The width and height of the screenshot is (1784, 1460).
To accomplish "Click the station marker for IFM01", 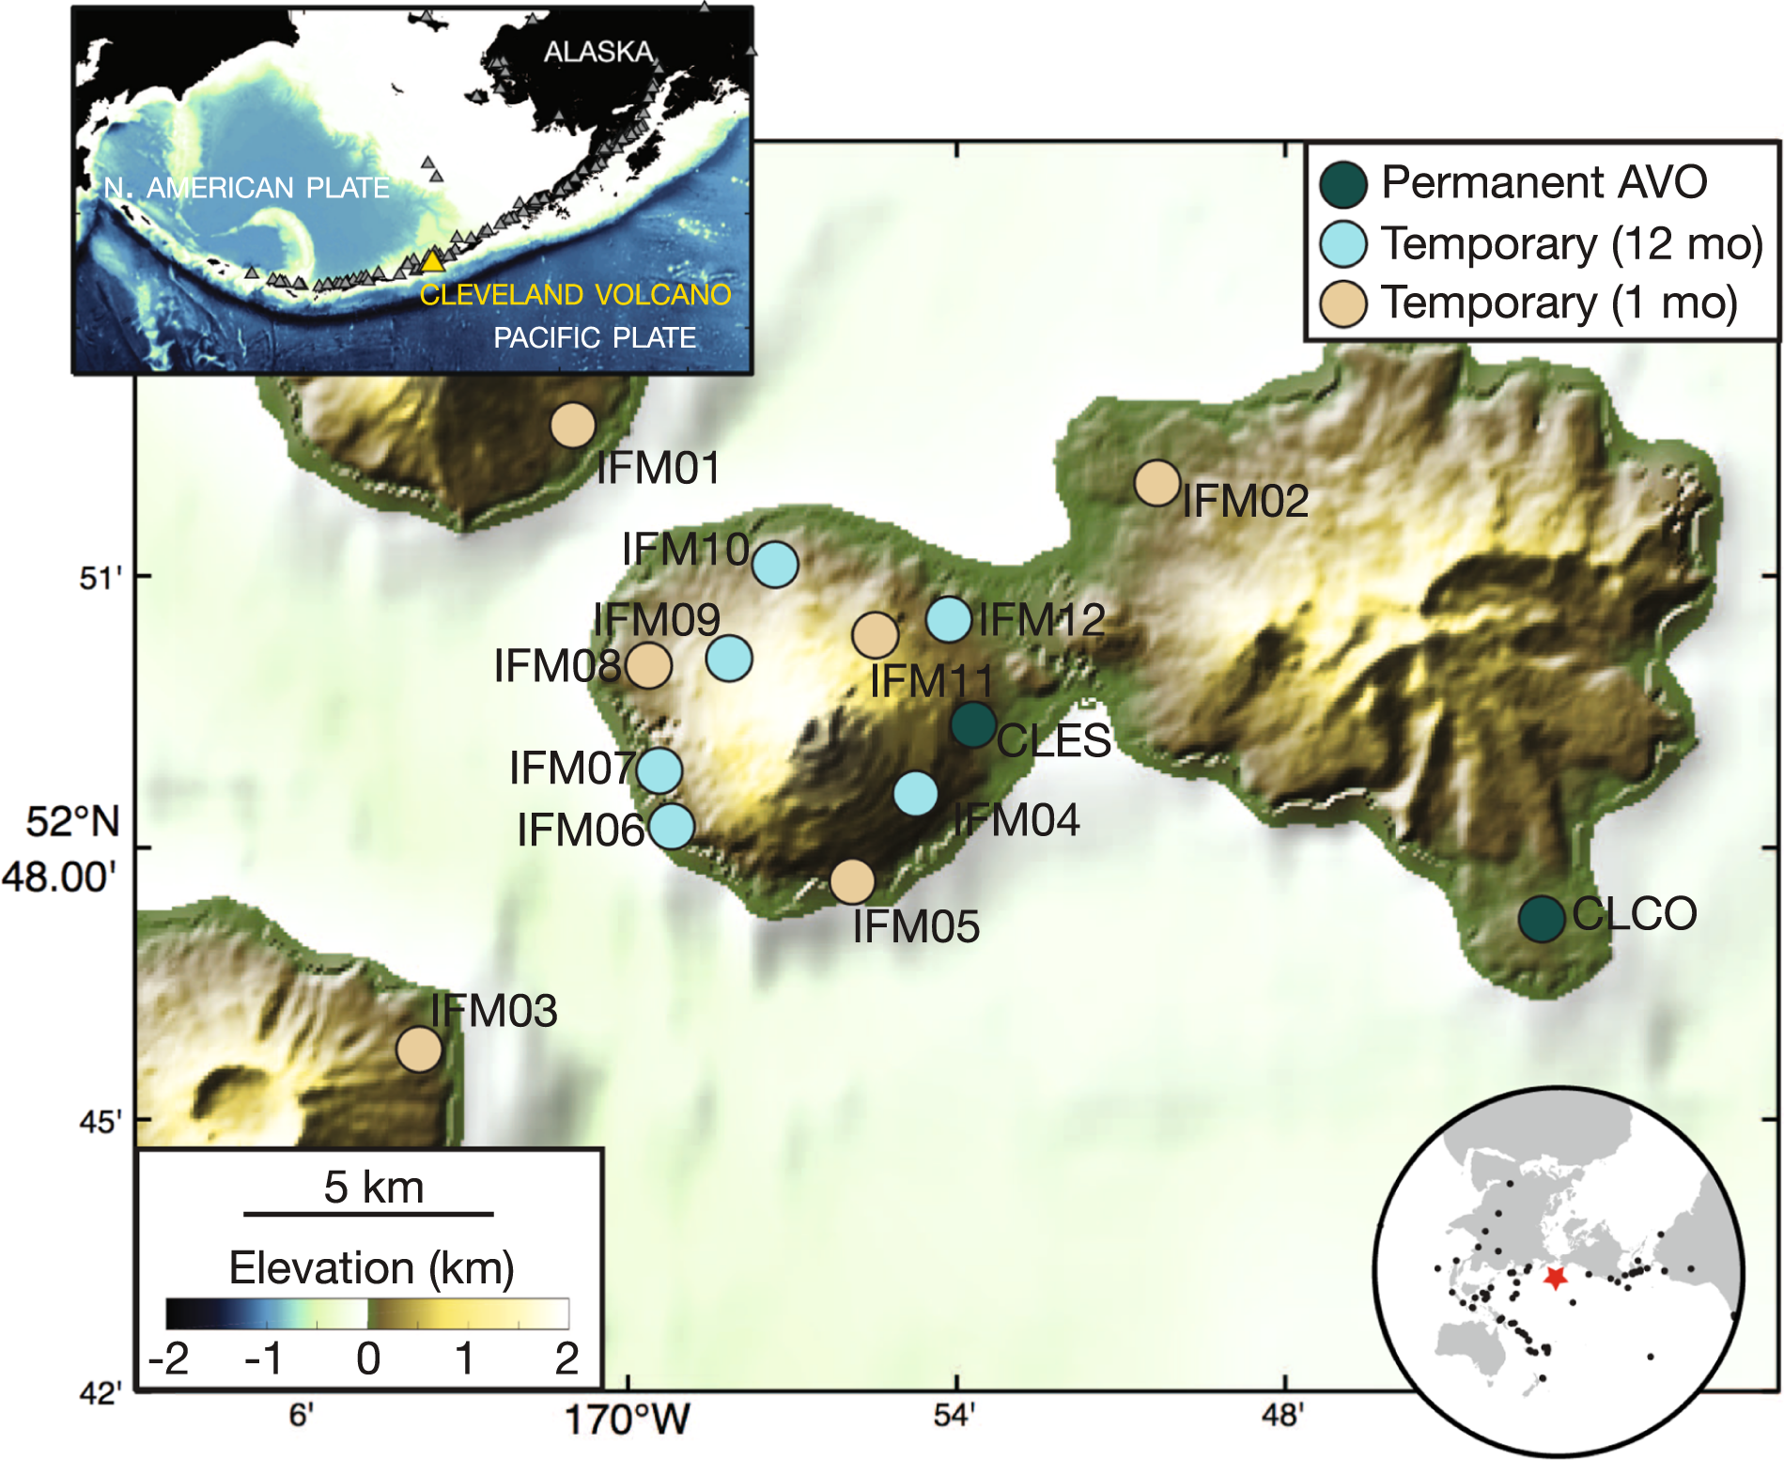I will pyautogui.click(x=573, y=426).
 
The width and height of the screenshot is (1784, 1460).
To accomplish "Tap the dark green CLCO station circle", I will pyautogui.click(x=1542, y=919).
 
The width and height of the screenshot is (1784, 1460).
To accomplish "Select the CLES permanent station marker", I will pyautogui.click(x=973, y=724).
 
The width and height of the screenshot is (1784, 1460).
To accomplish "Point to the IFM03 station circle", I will pyautogui.click(x=419, y=1048).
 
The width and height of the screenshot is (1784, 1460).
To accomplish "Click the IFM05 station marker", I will pyautogui.click(x=852, y=881).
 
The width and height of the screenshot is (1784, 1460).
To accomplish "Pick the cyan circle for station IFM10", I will pyautogui.click(x=775, y=564).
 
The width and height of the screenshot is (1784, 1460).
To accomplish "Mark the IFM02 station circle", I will pyautogui.click(x=1157, y=483).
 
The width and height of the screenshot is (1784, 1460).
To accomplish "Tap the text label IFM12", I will pyautogui.click(x=1041, y=620).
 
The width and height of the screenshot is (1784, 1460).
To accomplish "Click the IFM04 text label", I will pyautogui.click(x=1016, y=820).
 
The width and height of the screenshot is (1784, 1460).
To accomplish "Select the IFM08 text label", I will pyautogui.click(x=557, y=666).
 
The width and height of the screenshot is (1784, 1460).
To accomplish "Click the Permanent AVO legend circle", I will pyautogui.click(x=1343, y=184).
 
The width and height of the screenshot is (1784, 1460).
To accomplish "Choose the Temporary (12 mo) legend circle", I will pyautogui.click(x=1343, y=244).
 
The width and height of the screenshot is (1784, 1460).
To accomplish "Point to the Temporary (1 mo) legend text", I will pyautogui.click(x=1559, y=303).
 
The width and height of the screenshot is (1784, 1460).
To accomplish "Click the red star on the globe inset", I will pyautogui.click(x=1556, y=1278).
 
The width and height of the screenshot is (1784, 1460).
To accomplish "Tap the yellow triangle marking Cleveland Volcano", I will pyautogui.click(x=431, y=261).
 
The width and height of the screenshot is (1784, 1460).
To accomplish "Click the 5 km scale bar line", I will pyautogui.click(x=368, y=1215).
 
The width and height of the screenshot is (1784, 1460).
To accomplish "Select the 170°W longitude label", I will pyautogui.click(x=628, y=1420).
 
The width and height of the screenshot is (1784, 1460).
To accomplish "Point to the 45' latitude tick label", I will pyautogui.click(x=100, y=1122).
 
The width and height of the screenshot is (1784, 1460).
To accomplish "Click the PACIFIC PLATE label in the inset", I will pyautogui.click(x=595, y=337).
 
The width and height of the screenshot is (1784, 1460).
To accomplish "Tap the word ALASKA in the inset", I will pyautogui.click(x=598, y=52).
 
